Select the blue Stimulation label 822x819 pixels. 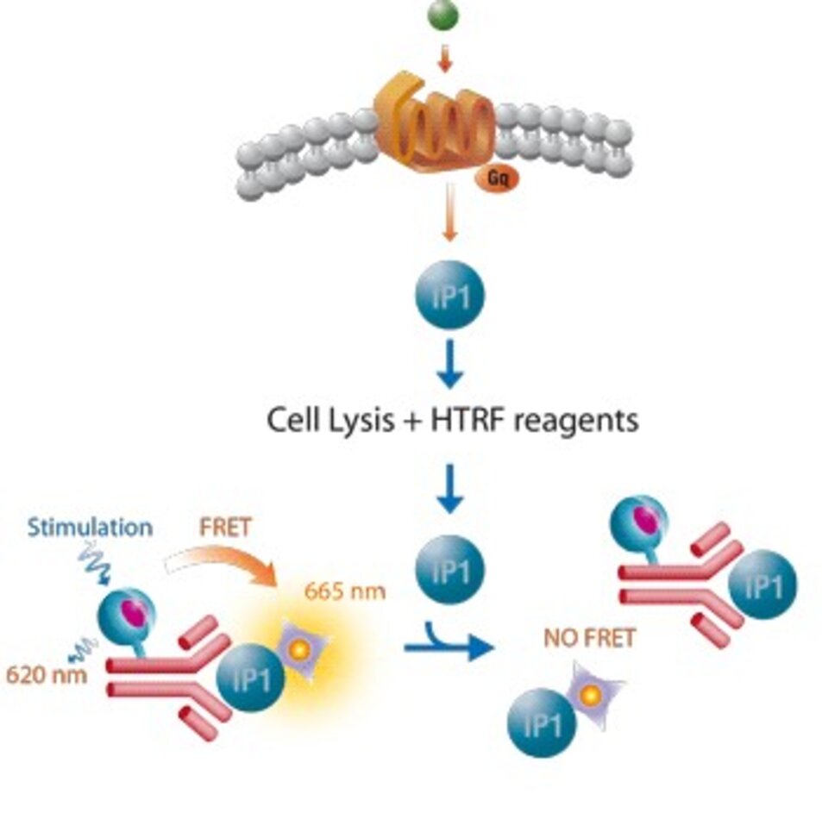click(x=90, y=527)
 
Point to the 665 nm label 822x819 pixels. click(x=345, y=591)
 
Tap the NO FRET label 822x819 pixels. click(x=589, y=639)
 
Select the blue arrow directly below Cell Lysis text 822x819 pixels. click(x=449, y=488)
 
